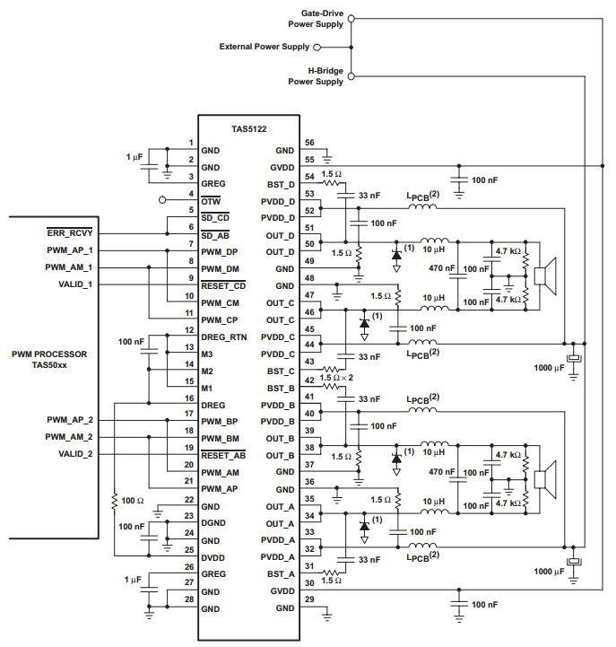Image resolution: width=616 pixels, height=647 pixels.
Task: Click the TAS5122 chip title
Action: (x=248, y=129)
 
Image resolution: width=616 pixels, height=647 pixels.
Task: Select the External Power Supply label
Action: (x=265, y=47)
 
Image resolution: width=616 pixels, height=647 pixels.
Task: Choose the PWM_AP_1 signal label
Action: (x=70, y=250)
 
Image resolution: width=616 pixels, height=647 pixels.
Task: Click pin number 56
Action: (x=309, y=143)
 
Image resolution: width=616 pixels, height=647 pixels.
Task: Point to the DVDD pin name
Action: (x=213, y=557)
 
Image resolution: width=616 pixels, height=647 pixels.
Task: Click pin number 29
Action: (x=309, y=599)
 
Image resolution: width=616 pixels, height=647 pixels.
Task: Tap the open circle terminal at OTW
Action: (x=162, y=200)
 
